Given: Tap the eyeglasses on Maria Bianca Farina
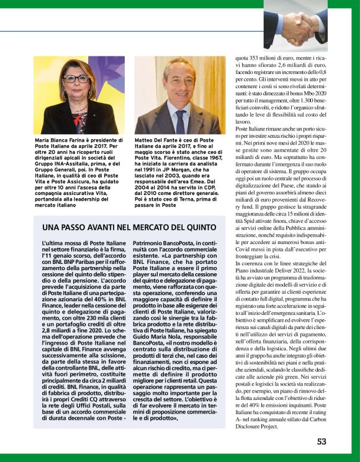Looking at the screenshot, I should [x=76, y=79].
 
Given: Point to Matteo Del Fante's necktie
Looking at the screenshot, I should [x=180, y=120].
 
